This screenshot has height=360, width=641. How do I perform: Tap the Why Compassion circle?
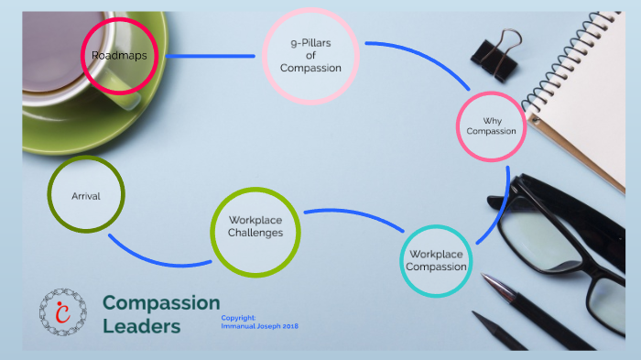491,126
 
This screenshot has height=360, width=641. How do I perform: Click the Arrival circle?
85,195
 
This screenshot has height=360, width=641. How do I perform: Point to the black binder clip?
496,55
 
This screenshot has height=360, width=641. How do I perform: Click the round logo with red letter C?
63,311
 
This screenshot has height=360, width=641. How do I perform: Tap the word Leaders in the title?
141,326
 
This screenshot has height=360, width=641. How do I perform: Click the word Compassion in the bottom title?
161,302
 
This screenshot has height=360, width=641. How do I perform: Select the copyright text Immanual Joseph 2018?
260,326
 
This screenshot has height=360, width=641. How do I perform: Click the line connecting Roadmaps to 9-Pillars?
211,56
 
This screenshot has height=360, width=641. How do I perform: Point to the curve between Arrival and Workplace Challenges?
156,259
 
